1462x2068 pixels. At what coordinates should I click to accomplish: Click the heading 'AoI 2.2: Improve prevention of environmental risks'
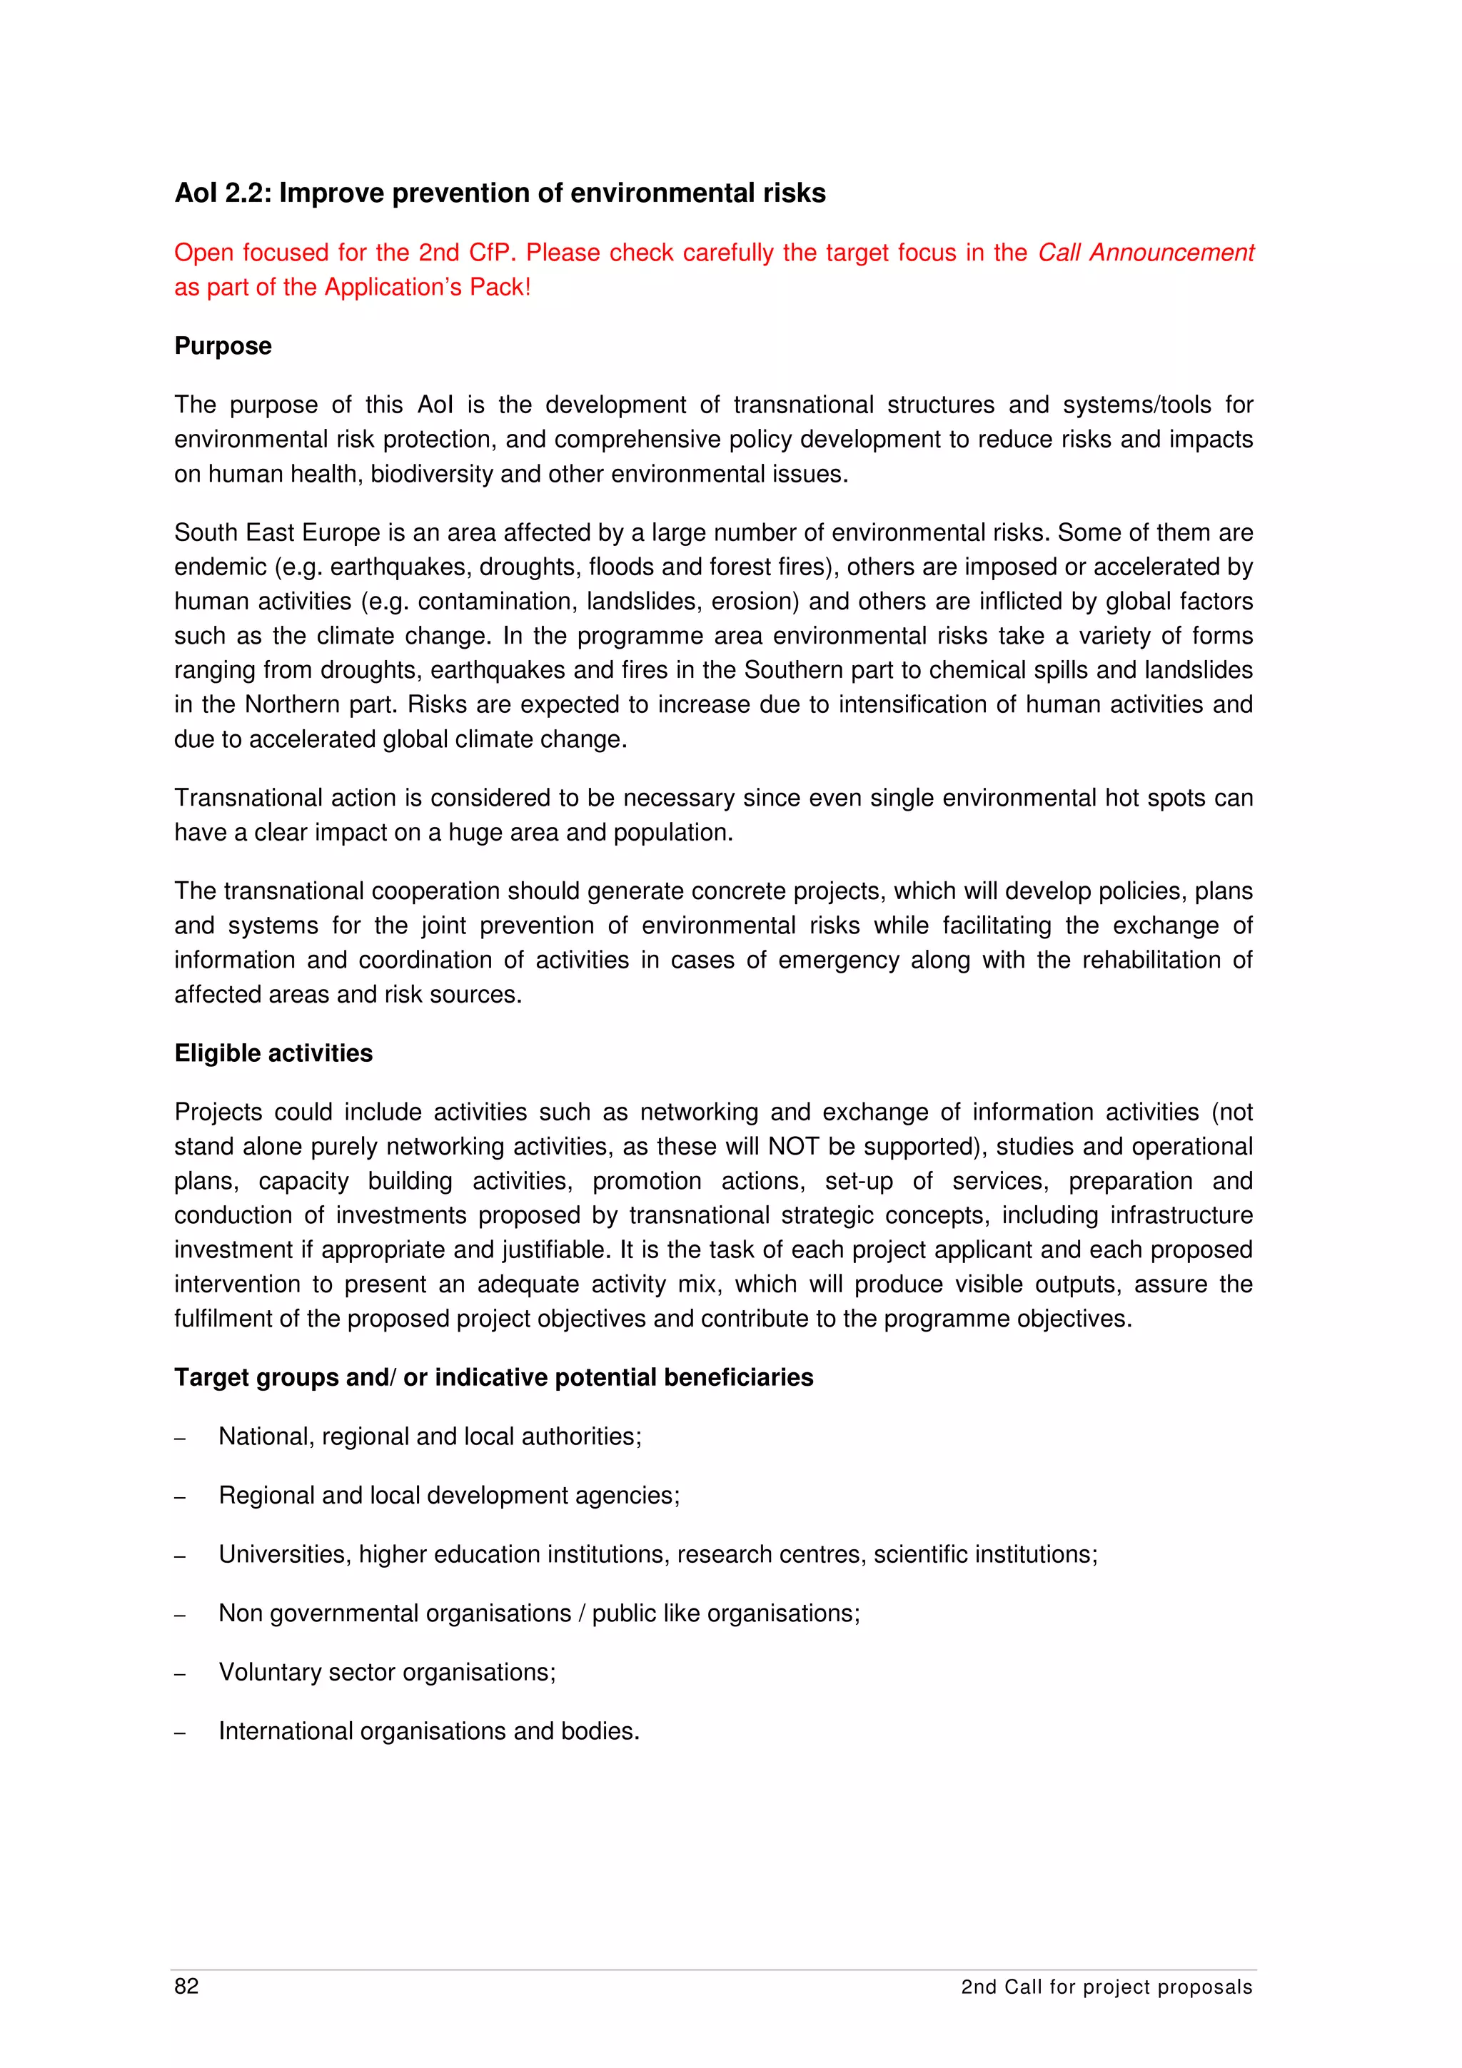(500, 193)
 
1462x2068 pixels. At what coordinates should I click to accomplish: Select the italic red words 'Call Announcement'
(1145, 253)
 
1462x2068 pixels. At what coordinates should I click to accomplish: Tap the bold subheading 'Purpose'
(223, 346)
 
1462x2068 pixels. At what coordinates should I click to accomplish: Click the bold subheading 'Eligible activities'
(273, 1053)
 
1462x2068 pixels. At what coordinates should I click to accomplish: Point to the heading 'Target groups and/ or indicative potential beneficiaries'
(493, 1377)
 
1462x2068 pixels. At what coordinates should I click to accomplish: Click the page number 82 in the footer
(186, 1986)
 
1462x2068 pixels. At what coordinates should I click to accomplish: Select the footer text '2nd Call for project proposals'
(1106, 1987)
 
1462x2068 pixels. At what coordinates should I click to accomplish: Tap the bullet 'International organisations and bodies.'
(429, 1731)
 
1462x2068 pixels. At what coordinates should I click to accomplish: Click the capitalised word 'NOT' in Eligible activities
(792, 1147)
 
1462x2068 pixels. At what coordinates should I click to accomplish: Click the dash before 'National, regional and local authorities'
(180, 1439)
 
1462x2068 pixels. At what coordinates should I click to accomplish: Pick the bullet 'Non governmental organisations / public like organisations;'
(539, 1613)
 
